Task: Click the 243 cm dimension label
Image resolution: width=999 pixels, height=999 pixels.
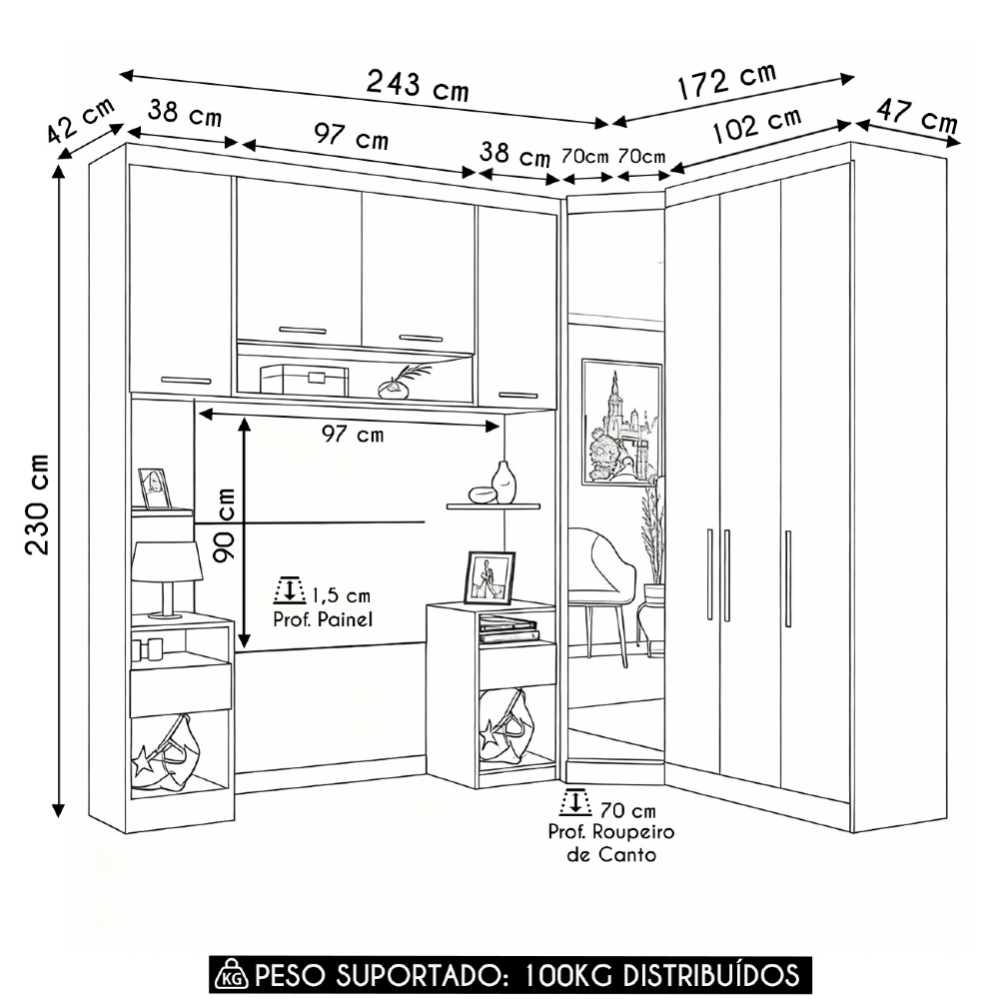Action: coord(418,85)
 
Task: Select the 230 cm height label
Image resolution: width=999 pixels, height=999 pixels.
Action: coord(37,503)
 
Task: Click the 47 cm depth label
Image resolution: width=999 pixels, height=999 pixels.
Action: coord(917,115)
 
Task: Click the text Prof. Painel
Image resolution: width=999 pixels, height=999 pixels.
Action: coord(323,619)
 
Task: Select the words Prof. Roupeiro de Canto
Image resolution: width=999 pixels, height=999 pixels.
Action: coord(611,843)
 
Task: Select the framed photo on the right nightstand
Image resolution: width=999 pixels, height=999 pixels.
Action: coord(489,577)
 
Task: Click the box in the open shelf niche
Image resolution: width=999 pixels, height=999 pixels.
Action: coord(304,380)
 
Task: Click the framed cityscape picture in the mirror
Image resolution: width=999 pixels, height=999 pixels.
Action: coord(621,423)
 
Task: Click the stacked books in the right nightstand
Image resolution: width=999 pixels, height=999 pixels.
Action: coord(508,628)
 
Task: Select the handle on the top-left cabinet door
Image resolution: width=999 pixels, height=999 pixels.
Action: coord(186,381)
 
